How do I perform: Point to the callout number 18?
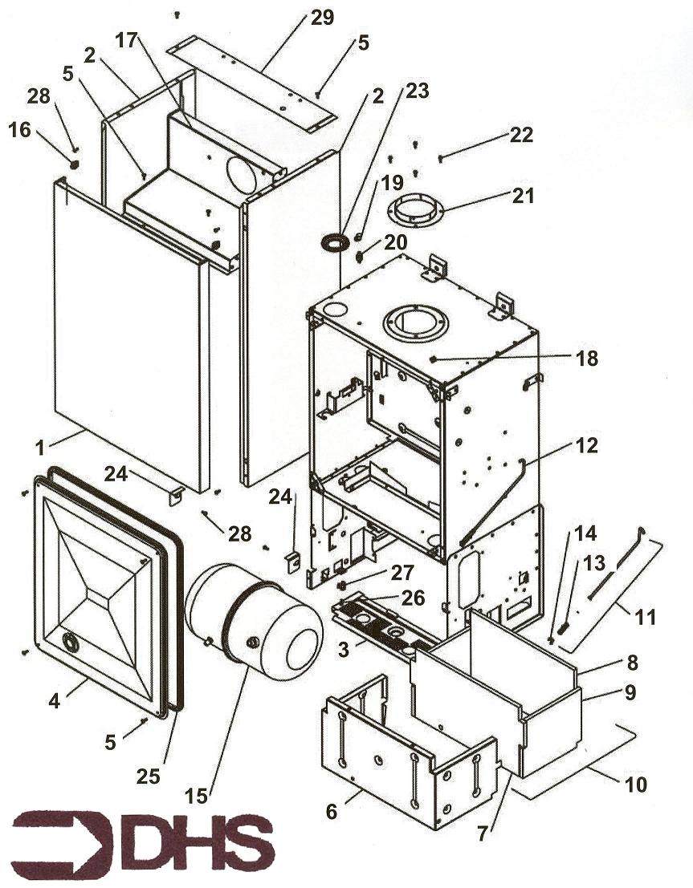[x=587, y=359]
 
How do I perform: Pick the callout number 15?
[x=197, y=796]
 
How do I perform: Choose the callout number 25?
[x=149, y=776]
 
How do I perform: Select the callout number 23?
[x=418, y=91]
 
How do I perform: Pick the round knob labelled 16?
[x=74, y=164]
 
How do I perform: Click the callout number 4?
[x=55, y=699]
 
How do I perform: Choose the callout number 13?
[x=593, y=563]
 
